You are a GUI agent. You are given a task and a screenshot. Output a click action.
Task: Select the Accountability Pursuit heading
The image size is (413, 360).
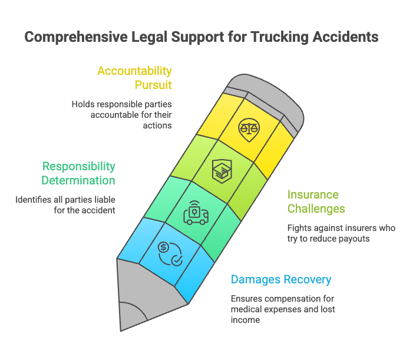[x=134, y=78]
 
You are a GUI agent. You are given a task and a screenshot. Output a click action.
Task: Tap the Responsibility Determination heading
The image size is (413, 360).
[x=78, y=173]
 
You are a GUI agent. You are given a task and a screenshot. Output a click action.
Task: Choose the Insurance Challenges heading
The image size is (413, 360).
[x=316, y=202]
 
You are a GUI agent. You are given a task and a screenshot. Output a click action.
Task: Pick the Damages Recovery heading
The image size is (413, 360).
[x=281, y=280]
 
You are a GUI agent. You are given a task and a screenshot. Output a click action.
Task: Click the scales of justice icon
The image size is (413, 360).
[x=249, y=130]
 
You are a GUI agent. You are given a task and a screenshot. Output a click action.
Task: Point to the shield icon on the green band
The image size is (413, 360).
[x=222, y=171]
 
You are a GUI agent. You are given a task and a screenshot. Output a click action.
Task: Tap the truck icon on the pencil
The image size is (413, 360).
[x=196, y=213]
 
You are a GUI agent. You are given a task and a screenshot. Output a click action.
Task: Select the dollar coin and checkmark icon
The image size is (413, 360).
[x=170, y=253]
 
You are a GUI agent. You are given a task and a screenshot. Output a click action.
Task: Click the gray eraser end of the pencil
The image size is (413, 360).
[x=266, y=100]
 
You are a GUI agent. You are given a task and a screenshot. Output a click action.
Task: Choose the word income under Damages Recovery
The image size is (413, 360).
[x=245, y=320]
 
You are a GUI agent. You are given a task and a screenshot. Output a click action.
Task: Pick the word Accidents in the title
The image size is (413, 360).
[x=346, y=37]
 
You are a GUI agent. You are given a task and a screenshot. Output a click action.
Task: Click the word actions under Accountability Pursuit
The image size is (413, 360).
[x=157, y=125]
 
